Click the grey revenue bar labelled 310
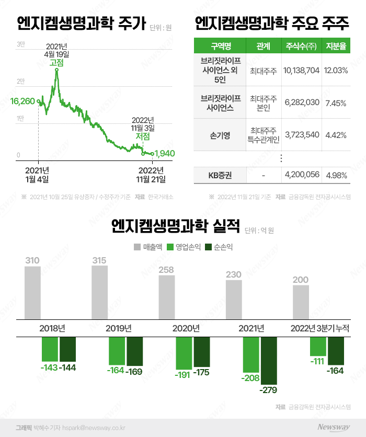coord(32,293)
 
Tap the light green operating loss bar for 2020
coord(184,353)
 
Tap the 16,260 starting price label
coord(22,101)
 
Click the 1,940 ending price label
coord(164,154)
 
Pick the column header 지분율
coord(336,46)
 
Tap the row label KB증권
coord(220,175)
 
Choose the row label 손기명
coord(220,135)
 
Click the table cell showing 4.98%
coord(336,175)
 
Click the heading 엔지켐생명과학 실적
coord(175,226)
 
